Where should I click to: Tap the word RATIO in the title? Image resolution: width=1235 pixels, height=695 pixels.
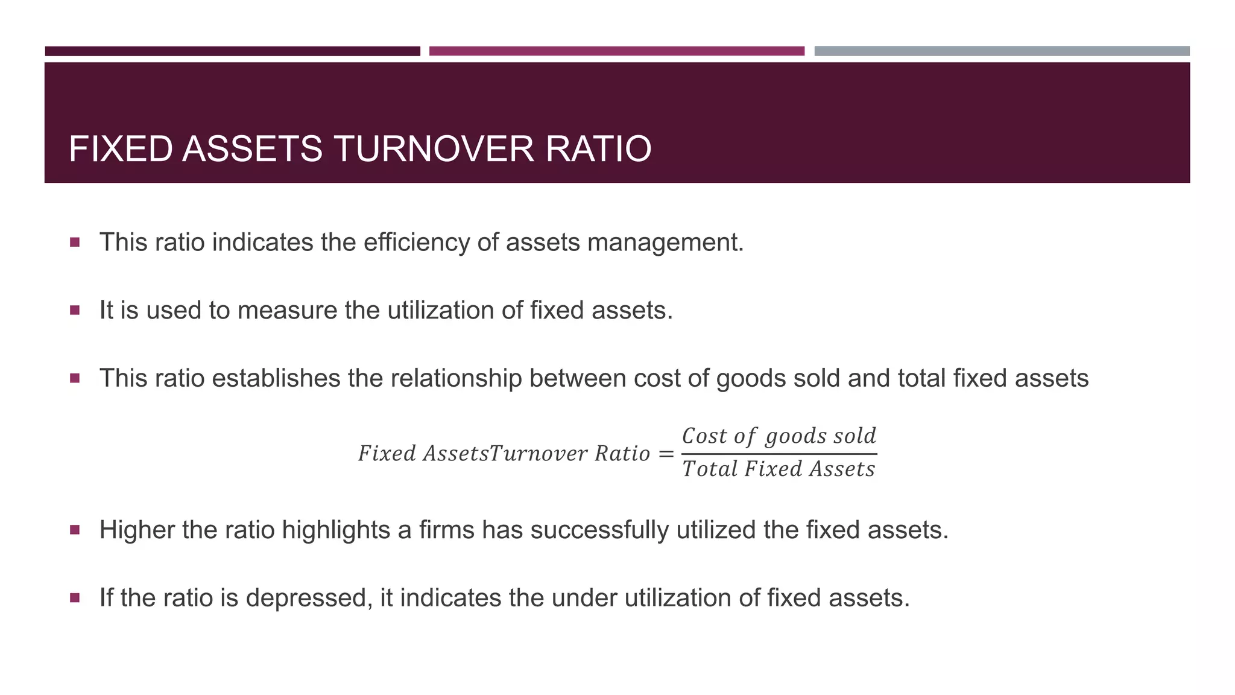point(598,149)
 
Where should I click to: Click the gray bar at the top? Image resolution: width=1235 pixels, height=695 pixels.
point(1002,51)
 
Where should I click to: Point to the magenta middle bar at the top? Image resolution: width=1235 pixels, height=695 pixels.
point(616,51)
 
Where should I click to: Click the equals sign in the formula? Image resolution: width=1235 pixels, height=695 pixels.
point(666,454)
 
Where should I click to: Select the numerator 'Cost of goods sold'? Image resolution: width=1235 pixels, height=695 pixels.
point(779,436)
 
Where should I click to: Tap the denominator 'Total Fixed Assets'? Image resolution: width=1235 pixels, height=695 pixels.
point(779,469)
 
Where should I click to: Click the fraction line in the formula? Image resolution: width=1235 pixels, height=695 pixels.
point(779,454)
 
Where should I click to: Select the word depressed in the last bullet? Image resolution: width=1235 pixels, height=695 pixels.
point(307,598)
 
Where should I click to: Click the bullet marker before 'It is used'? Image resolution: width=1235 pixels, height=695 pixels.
point(75,311)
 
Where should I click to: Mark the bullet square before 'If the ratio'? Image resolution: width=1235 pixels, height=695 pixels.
point(75,598)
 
